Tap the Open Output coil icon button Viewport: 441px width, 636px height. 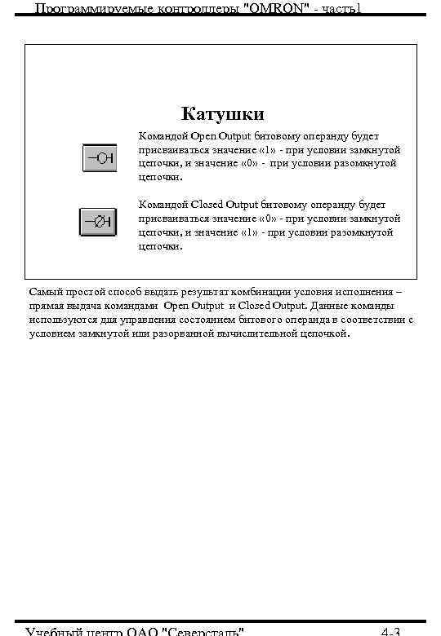100,157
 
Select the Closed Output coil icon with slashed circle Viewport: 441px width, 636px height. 98,222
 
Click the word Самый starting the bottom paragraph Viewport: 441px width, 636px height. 43,291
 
